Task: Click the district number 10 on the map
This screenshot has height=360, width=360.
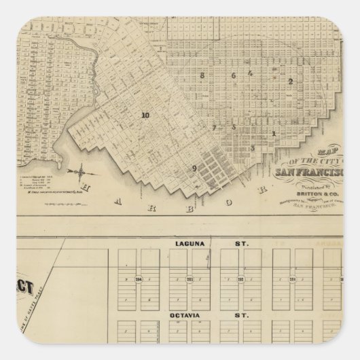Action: coord(145,115)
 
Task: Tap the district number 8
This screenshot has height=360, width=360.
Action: coord(202,75)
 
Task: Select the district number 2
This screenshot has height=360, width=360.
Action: coord(290,82)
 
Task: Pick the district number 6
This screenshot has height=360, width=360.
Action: coord(233,75)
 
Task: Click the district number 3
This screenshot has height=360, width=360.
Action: coord(252,147)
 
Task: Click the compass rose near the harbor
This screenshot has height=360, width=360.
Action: coord(80,169)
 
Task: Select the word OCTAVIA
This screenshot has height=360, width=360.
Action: coord(188,315)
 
